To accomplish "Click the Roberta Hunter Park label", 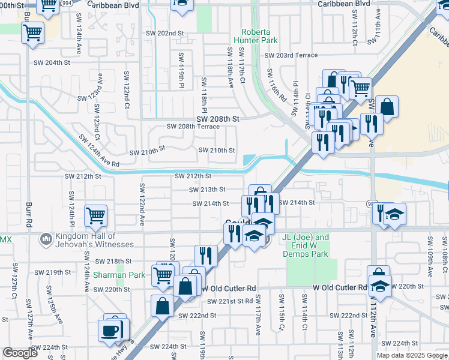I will coord(259,36).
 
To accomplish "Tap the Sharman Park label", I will coord(111,275).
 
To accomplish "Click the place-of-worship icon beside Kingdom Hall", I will coord(46,240).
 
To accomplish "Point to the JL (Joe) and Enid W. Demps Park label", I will coord(306,245).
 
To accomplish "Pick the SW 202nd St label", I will coord(164,33).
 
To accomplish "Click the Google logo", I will coord(20,353).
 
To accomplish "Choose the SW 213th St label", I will coord(207,190).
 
